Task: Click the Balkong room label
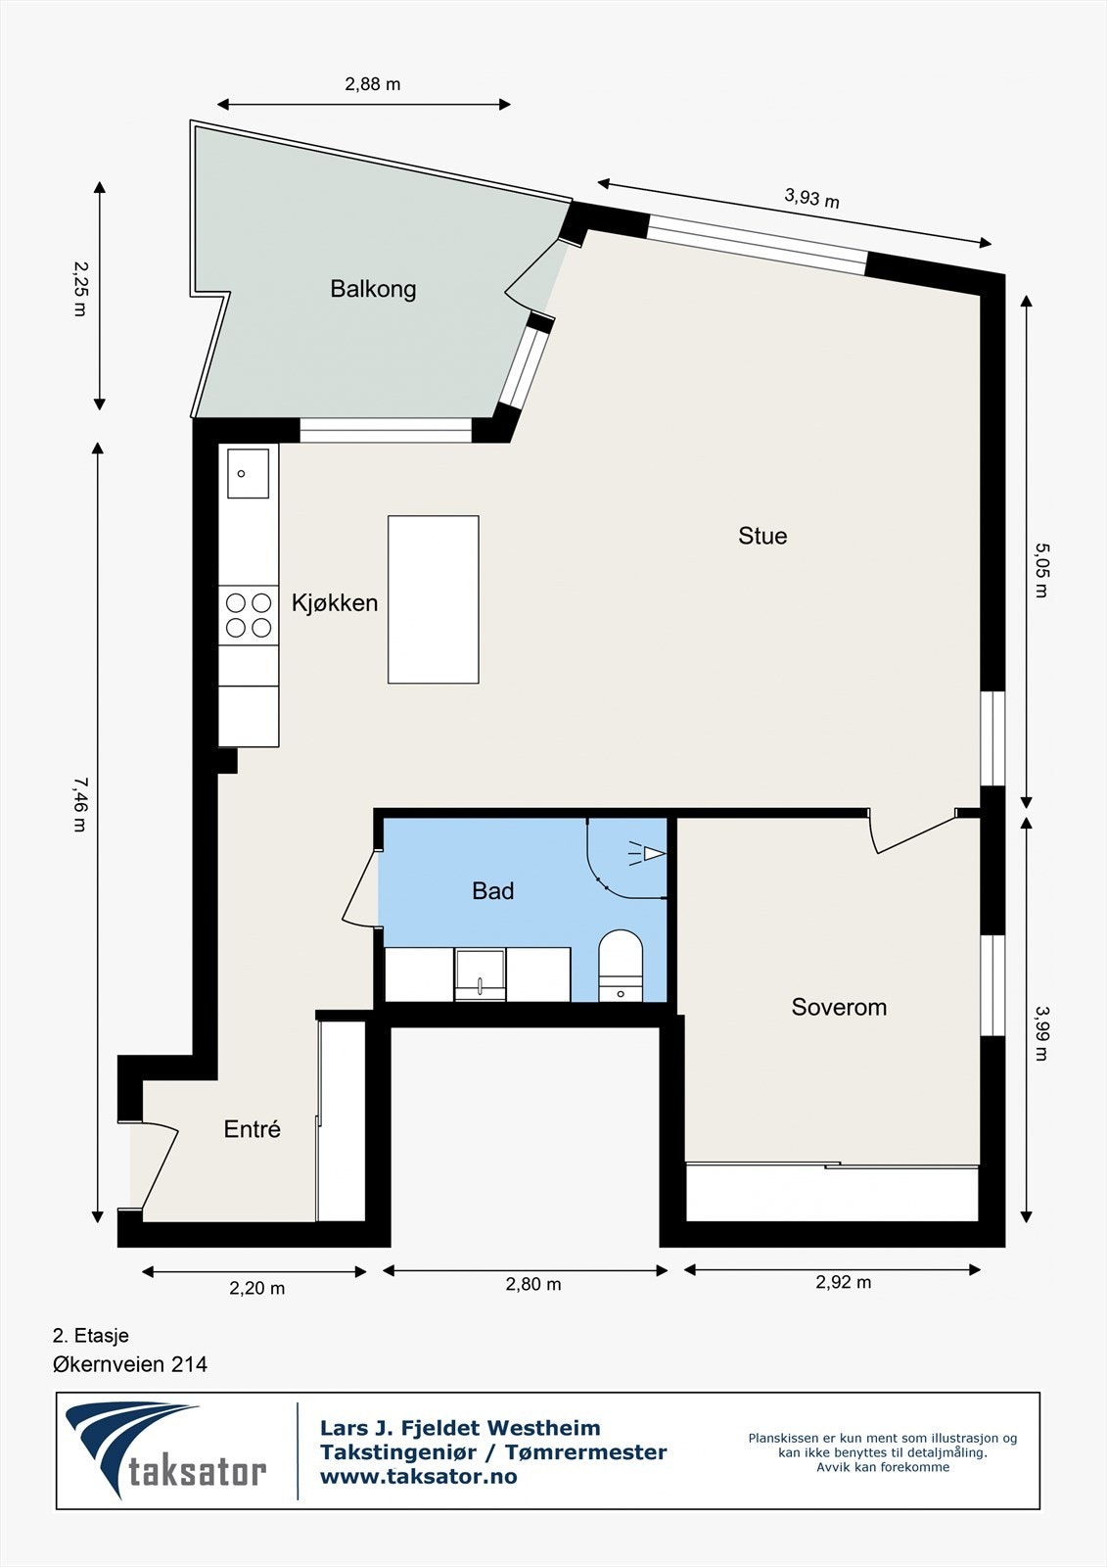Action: pyautogui.click(x=373, y=289)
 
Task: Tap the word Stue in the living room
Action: pyautogui.click(x=762, y=536)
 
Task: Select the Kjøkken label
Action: pyautogui.click(x=335, y=602)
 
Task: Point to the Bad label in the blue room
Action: pyautogui.click(x=493, y=890)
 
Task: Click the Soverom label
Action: pyautogui.click(x=839, y=1007)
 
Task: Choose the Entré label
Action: pyautogui.click(x=252, y=1128)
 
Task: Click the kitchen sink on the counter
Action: pyautogui.click(x=248, y=474)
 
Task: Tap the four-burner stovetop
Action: pyautogui.click(x=249, y=615)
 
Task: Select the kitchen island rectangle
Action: pyautogui.click(x=434, y=599)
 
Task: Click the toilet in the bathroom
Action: pyautogui.click(x=621, y=966)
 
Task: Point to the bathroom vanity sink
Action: pyautogui.click(x=480, y=974)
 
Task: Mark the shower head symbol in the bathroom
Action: pyautogui.click(x=647, y=853)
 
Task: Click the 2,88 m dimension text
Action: pyautogui.click(x=373, y=84)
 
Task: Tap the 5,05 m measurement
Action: pyautogui.click(x=1041, y=570)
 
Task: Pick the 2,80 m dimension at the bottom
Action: pyautogui.click(x=532, y=1284)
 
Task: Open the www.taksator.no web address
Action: pyautogui.click(x=418, y=1476)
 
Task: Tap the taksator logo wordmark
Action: pyautogui.click(x=197, y=1471)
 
